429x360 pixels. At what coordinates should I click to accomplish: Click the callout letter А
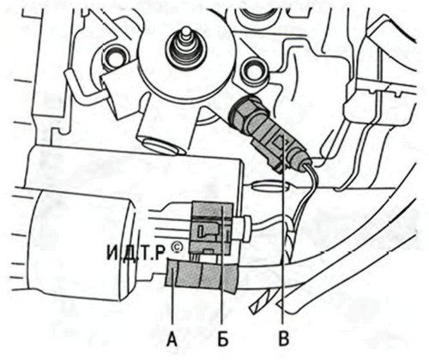click(172, 339)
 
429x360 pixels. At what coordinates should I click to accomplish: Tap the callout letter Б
click(223, 339)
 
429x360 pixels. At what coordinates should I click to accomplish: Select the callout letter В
click(283, 339)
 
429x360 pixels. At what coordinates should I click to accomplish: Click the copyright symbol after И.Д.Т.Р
click(178, 248)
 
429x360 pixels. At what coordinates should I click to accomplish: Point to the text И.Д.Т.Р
click(136, 254)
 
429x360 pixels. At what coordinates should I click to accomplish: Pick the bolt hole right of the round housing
click(253, 69)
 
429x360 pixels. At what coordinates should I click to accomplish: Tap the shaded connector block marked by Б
click(212, 229)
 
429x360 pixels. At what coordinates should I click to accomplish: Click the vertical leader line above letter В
click(282, 233)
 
